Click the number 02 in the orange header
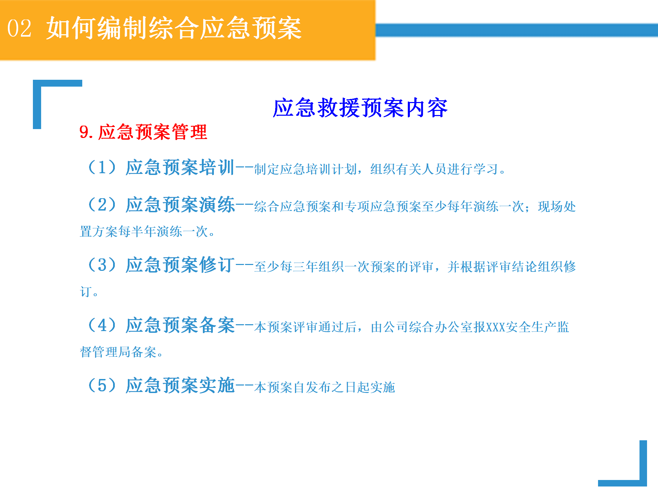19,28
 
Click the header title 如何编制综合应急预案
174,28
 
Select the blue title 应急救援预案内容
360,108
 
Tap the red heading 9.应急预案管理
143,132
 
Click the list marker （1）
102,167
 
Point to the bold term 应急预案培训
180,167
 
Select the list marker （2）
102,205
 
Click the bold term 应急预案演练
180,205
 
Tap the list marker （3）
102,265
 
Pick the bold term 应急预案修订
180,265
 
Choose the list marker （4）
102,325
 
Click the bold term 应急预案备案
180,325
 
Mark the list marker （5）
102,385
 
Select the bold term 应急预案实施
180,385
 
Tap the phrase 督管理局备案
118,352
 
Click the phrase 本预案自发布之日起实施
325,388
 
